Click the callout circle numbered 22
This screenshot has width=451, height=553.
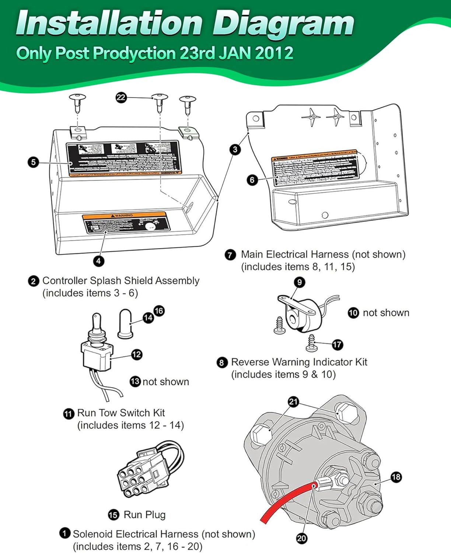(x=121, y=97)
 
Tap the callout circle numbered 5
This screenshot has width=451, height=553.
(x=33, y=162)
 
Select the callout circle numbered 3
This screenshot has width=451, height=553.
(x=235, y=149)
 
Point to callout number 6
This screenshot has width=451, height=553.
(x=252, y=180)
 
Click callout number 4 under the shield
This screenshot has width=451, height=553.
(x=98, y=261)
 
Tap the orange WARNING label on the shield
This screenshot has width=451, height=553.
(x=124, y=216)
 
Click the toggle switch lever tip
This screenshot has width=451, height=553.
(x=96, y=317)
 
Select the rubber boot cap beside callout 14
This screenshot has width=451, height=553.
(x=125, y=324)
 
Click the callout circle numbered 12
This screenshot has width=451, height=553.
(x=136, y=354)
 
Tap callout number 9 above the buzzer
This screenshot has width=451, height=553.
(x=299, y=282)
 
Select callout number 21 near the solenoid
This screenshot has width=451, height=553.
(x=293, y=401)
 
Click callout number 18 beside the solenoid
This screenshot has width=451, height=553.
(x=396, y=477)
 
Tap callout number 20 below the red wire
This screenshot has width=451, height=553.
(x=301, y=538)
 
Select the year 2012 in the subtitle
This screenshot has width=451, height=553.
(x=274, y=53)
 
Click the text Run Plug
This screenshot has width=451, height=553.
(x=144, y=515)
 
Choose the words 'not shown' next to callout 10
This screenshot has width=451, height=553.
(x=386, y=313)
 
